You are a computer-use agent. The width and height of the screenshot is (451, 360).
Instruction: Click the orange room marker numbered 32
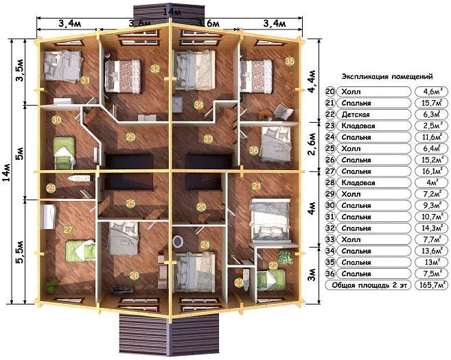(155, 69)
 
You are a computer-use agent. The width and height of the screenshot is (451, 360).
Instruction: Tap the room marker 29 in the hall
(130, 136)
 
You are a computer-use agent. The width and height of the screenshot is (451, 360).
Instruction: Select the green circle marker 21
(255, 187)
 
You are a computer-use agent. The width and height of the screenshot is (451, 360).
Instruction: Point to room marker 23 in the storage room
(239, 283)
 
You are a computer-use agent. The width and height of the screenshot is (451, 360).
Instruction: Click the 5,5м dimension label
(19, 252)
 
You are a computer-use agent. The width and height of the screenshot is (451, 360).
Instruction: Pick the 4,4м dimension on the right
(312, 81)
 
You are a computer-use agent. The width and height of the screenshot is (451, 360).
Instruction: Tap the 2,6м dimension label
(312, 143)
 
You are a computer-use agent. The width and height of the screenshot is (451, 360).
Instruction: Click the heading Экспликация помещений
(387, 77)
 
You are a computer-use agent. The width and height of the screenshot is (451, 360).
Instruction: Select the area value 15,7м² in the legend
(432, 103)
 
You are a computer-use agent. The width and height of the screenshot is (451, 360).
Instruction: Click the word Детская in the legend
(356, 115)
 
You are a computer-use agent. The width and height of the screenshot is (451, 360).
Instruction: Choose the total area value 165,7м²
(432, 285)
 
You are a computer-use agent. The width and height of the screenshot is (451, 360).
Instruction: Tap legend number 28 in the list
(330, 182)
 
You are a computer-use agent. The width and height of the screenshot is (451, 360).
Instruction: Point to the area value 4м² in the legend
(432, 182)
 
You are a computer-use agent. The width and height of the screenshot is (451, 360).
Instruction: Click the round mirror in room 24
(178, 241)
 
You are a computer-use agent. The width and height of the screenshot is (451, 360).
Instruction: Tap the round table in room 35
(264, 115)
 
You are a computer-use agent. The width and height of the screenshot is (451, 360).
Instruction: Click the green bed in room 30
(65, 153)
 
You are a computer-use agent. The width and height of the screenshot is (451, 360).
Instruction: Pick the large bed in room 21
(270, 220)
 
